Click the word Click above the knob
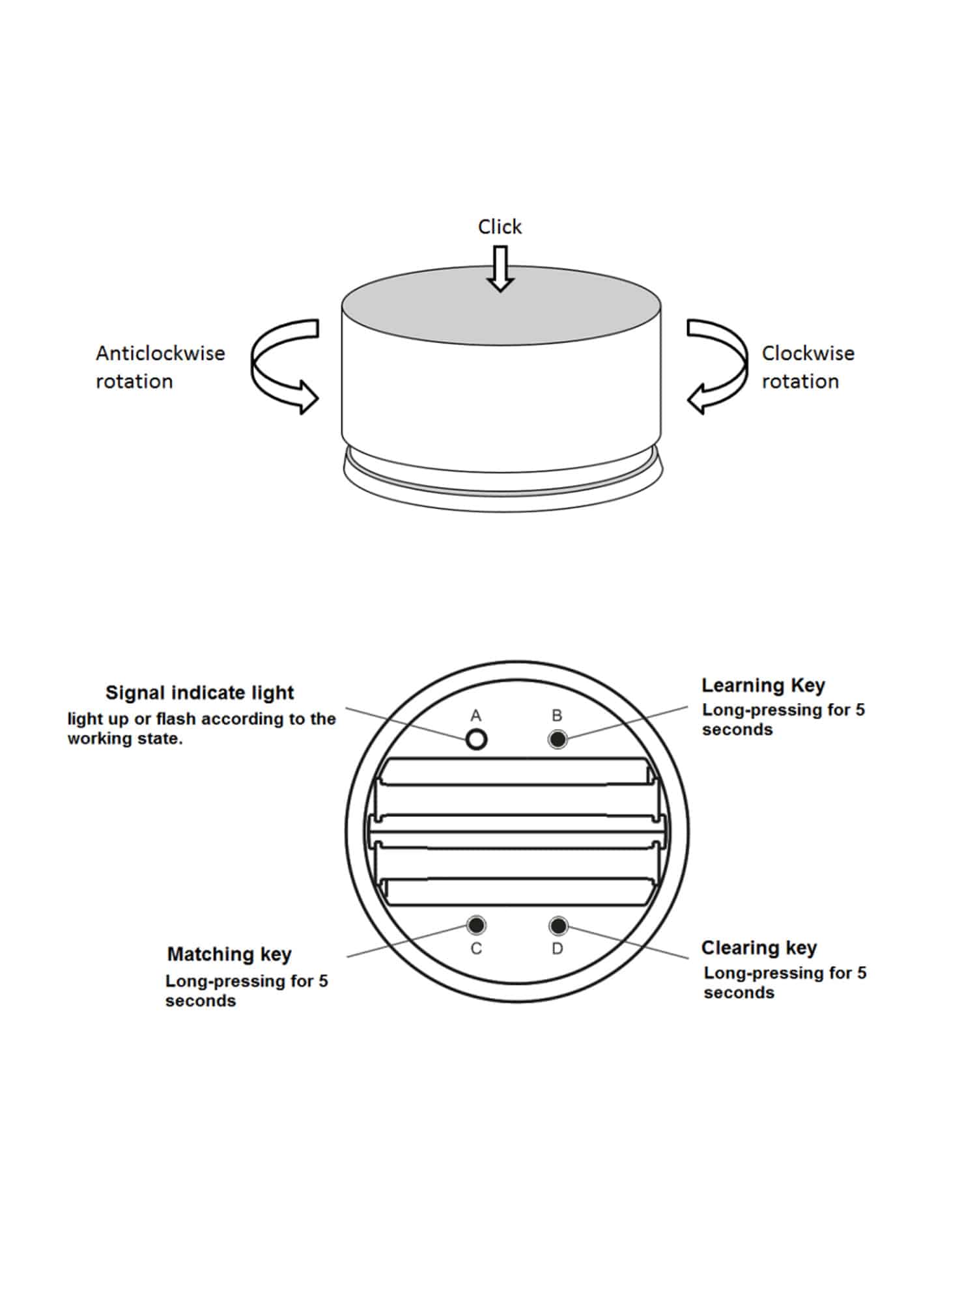[x=500, y=227]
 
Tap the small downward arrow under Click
[x=500, y=268]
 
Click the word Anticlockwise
[x=160, y=353]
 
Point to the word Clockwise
[x=808, y=353]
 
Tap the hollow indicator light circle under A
[x=477, y=739]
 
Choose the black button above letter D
[x=558, y=925]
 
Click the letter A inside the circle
[x=476, y=715]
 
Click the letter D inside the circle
[x=558, y=949]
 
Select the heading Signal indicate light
[x=199, y=692]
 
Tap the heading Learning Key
[x=763, y=685]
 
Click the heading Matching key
[x=229, y=954]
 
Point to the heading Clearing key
[x=759, y=947]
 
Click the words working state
[x=125, y=739]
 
